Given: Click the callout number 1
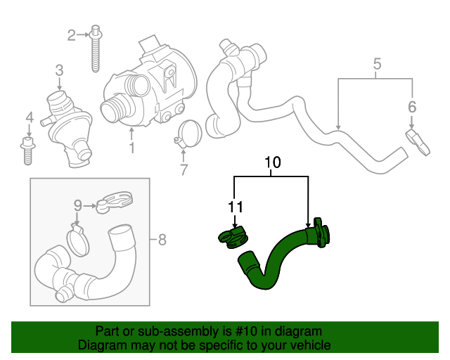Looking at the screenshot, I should [x=131, y=148].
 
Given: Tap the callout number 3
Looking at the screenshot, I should [x=60, y=70].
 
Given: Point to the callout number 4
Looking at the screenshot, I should [x=29, y=117].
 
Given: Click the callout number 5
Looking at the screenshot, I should [x=377, y=65].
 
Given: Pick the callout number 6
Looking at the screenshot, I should [x=412, y=107].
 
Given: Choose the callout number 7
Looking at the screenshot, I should [x=184, y=169].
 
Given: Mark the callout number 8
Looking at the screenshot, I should [x=162, y=240].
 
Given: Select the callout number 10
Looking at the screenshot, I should [x=271, y=164].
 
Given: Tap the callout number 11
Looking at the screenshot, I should [x=234, y=207].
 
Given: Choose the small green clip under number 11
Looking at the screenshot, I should [x=231, y=236].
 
